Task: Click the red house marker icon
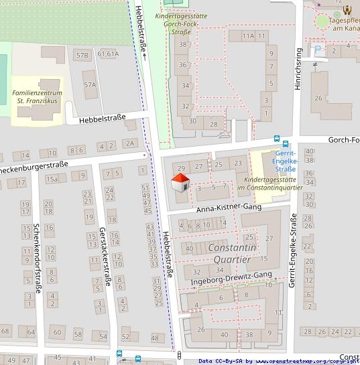pos(180,182)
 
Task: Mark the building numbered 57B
pos(82,55)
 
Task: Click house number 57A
pos(90,84)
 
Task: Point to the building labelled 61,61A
pos(108,54)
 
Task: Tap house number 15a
pos(52,179)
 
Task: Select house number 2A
pos(130,143)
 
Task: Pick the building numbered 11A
pos(249,35)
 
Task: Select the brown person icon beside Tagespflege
pos(347,9)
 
